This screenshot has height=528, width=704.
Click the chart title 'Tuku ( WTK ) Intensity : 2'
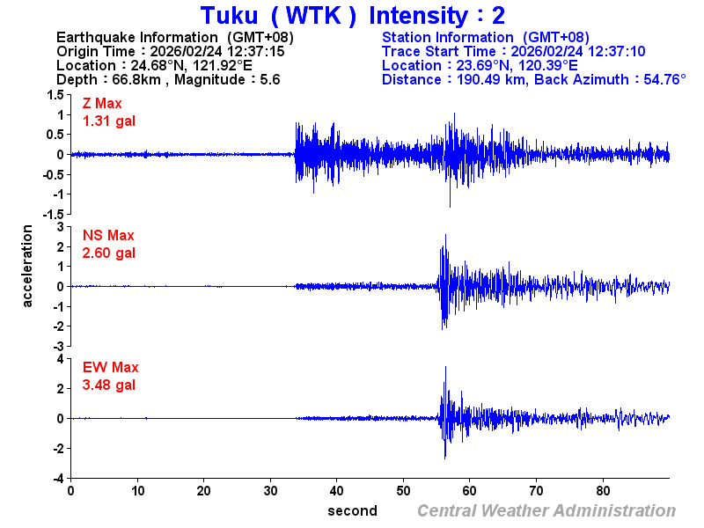pos(352,16)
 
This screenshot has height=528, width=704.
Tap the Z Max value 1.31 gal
pos(109,121)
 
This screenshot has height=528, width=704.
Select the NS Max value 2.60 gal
pos(109,253)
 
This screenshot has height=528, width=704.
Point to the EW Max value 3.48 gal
pos(109,385)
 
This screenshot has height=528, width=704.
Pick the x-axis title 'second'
pos(352,510)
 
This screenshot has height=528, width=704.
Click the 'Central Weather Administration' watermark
pos(546,510)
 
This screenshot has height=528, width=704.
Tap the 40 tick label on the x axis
pos(337,491)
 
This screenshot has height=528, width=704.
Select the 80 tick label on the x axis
pos(604,491)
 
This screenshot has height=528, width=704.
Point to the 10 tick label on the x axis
pos(137,491)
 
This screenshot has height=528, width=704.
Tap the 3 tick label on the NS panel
pos(59,227)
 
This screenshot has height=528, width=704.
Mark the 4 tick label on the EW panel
pos(59,359)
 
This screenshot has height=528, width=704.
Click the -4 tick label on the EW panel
pos(56,478)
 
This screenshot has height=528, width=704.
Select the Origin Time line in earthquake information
pos(170,51)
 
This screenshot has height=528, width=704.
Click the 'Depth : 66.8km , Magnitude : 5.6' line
pos(167,79)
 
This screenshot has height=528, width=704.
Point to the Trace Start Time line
pos(514,51)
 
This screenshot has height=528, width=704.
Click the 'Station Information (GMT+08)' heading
pos(485,37)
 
